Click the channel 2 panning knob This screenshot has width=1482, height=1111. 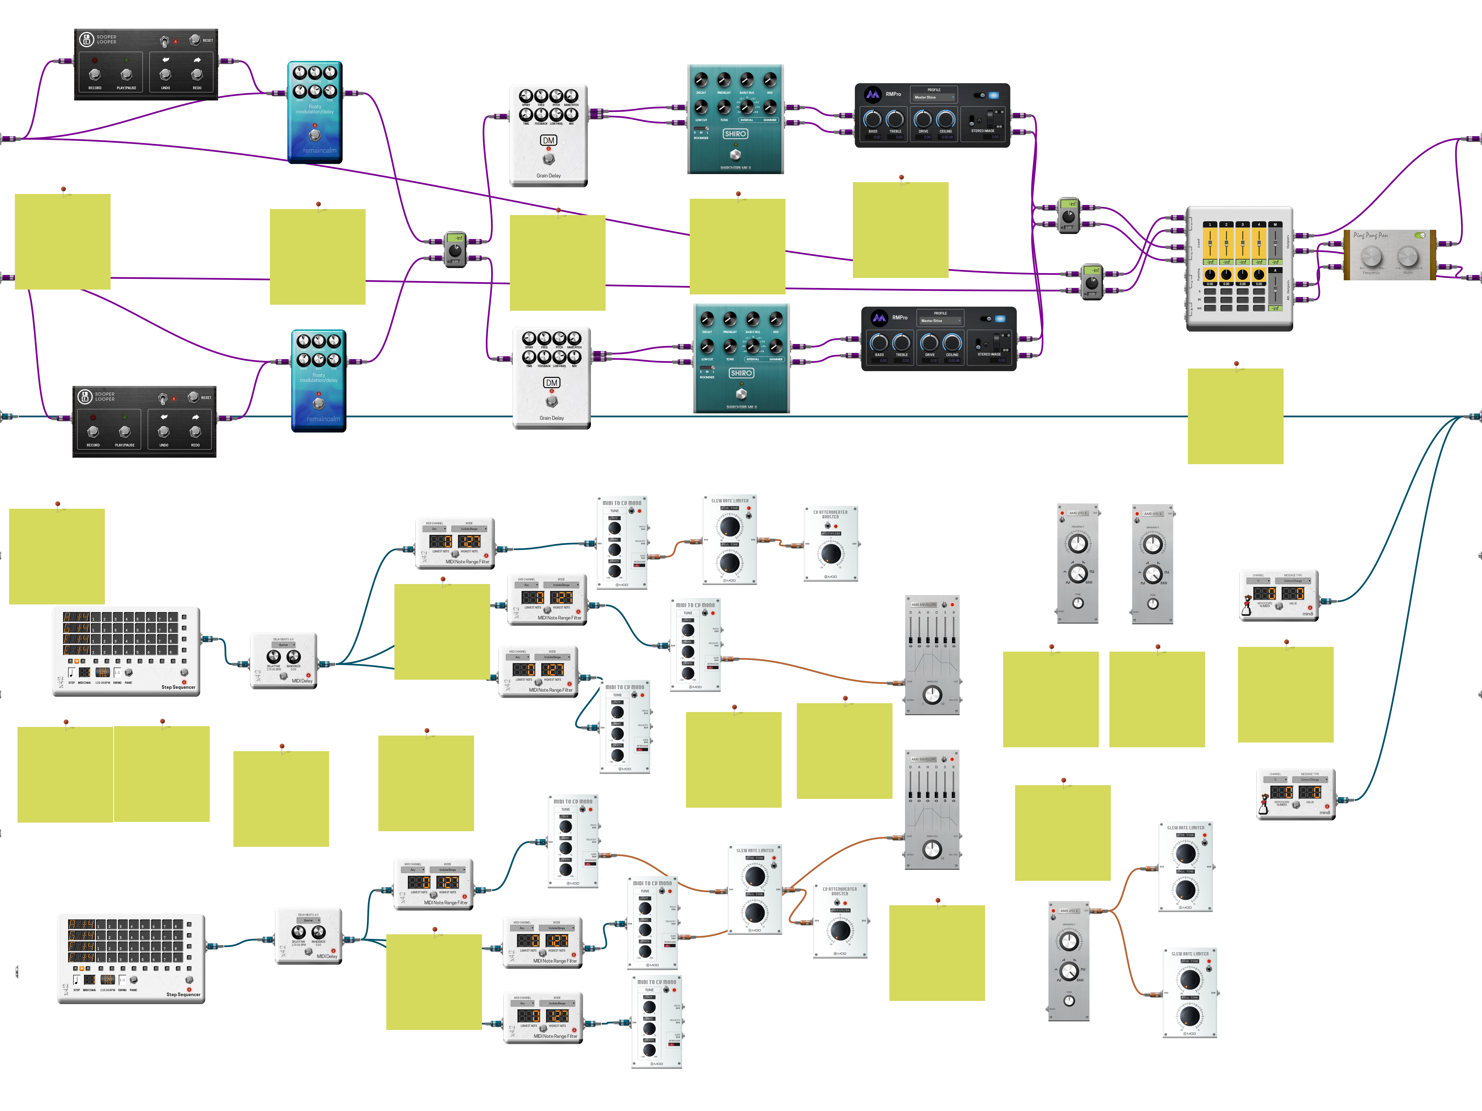1226,275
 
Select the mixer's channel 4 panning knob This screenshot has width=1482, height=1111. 1259,275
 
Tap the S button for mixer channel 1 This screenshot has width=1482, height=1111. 1210,292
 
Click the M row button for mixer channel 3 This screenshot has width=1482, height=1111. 1243,300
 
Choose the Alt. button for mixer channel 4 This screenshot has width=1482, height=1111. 1259,308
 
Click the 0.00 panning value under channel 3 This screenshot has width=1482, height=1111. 1243,284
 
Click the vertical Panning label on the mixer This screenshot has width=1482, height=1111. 1199,275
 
